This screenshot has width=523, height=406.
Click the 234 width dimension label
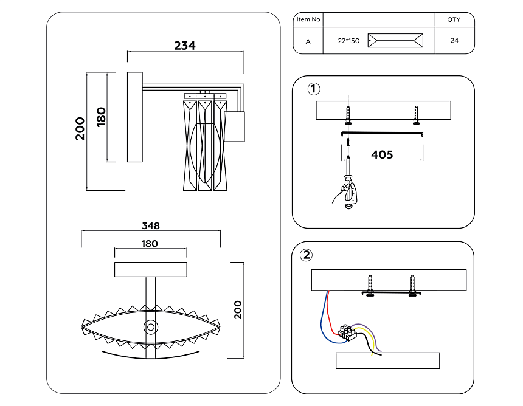click(x=185, y=46)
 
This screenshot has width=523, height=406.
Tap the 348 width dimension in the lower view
click(x=151, y=226)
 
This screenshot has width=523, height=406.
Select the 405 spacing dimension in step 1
click(x=382, y=154)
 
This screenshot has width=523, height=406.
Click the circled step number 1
click(x=313, y=89)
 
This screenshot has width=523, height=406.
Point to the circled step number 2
click(x=306, y=255)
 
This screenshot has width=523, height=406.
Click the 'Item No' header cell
click(x=308, y=19)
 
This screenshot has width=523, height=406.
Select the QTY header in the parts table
click(x=454, y=19)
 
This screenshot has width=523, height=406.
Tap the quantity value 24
click(x=454, y=40)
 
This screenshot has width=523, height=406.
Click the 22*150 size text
click(x=348, y=41)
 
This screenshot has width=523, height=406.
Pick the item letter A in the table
click(x=308, y=41)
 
